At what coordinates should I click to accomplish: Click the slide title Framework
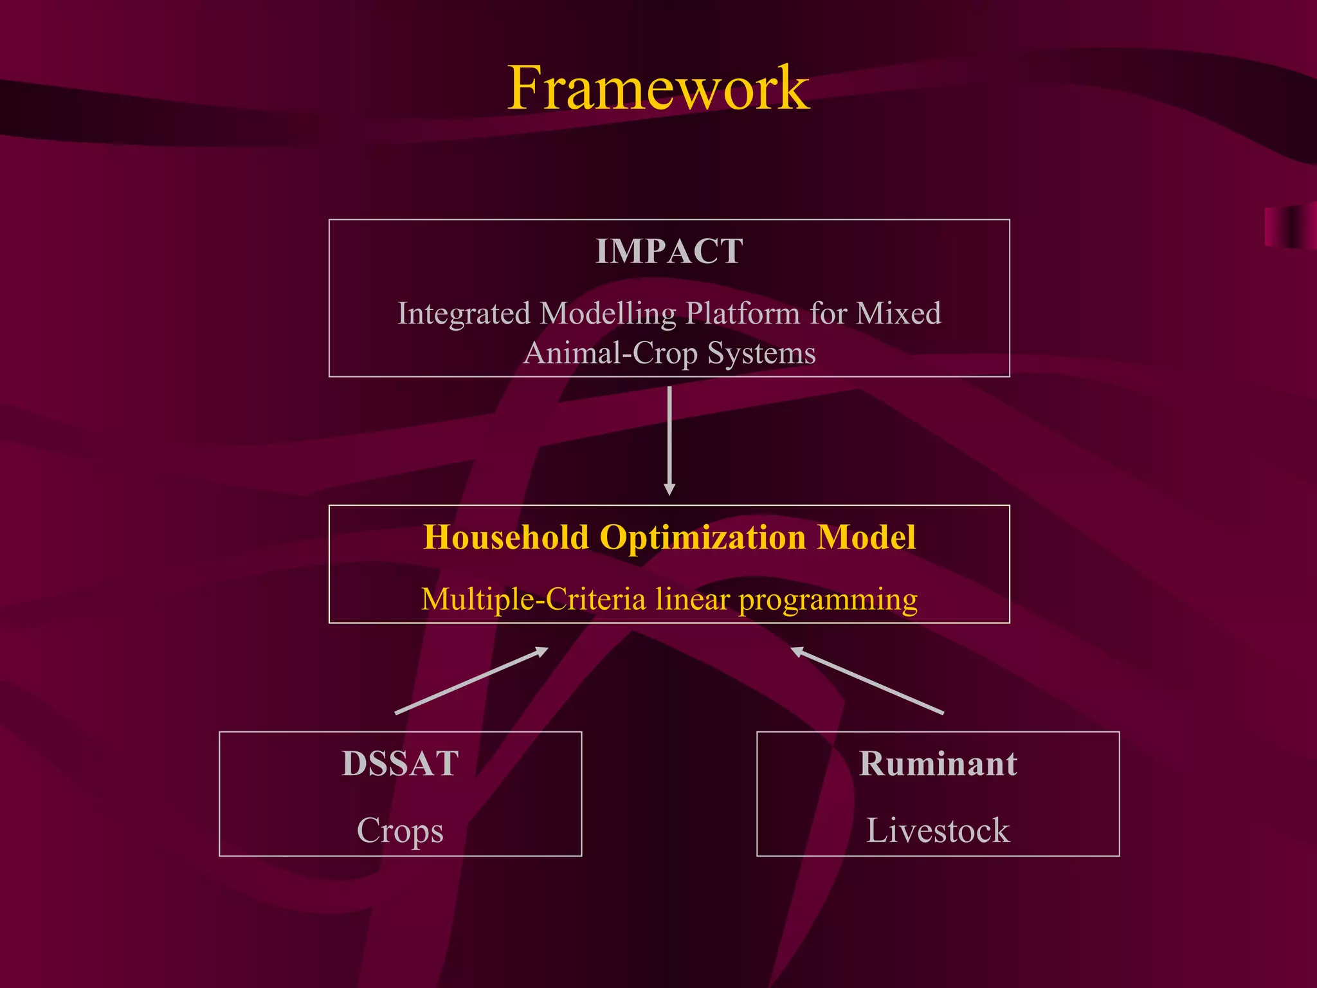658,89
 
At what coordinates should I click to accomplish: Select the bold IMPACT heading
669,251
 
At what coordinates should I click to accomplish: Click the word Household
506,537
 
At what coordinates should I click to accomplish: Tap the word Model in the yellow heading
866,537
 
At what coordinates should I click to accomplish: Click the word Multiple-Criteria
533,599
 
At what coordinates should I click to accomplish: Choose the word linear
693,599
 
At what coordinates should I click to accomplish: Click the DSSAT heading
400,764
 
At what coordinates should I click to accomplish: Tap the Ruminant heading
938,764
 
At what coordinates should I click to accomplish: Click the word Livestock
938,830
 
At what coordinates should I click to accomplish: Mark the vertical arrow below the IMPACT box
669,441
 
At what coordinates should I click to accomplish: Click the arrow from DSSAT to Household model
471,681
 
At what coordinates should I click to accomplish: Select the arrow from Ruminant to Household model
867,681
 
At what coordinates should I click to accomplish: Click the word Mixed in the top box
898,314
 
